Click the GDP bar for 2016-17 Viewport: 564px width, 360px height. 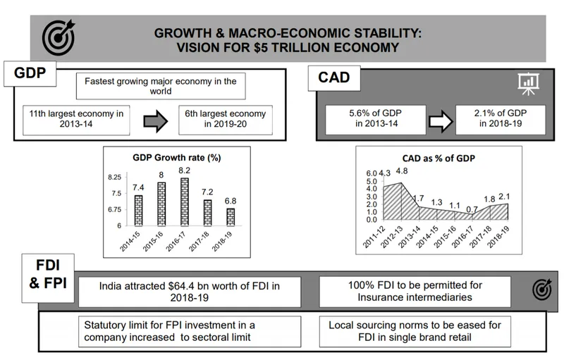click(185, 202)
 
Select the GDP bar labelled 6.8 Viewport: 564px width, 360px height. click(231, 217)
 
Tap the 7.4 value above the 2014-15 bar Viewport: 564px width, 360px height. click(138, 187)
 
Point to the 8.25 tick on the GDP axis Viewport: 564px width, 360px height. click(114, 177)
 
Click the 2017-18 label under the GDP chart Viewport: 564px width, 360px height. click(199, 242)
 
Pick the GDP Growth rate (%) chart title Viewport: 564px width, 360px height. click(177, 158)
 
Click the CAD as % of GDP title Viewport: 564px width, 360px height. click(439, 159)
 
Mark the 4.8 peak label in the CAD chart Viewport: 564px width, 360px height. click(402, 171)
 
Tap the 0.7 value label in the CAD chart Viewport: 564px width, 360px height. click(472, 209)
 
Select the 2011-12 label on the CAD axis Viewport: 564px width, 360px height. click(374, 237)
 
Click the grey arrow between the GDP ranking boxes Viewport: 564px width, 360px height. click(155, 121)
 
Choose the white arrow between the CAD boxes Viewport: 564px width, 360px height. click(441, 121)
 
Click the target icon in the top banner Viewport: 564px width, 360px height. click(59, 38)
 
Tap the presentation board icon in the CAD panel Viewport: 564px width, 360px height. click(528, 84)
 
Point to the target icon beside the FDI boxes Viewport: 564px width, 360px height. click(542, 290)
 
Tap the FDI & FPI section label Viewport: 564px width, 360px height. click(48, 274)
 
